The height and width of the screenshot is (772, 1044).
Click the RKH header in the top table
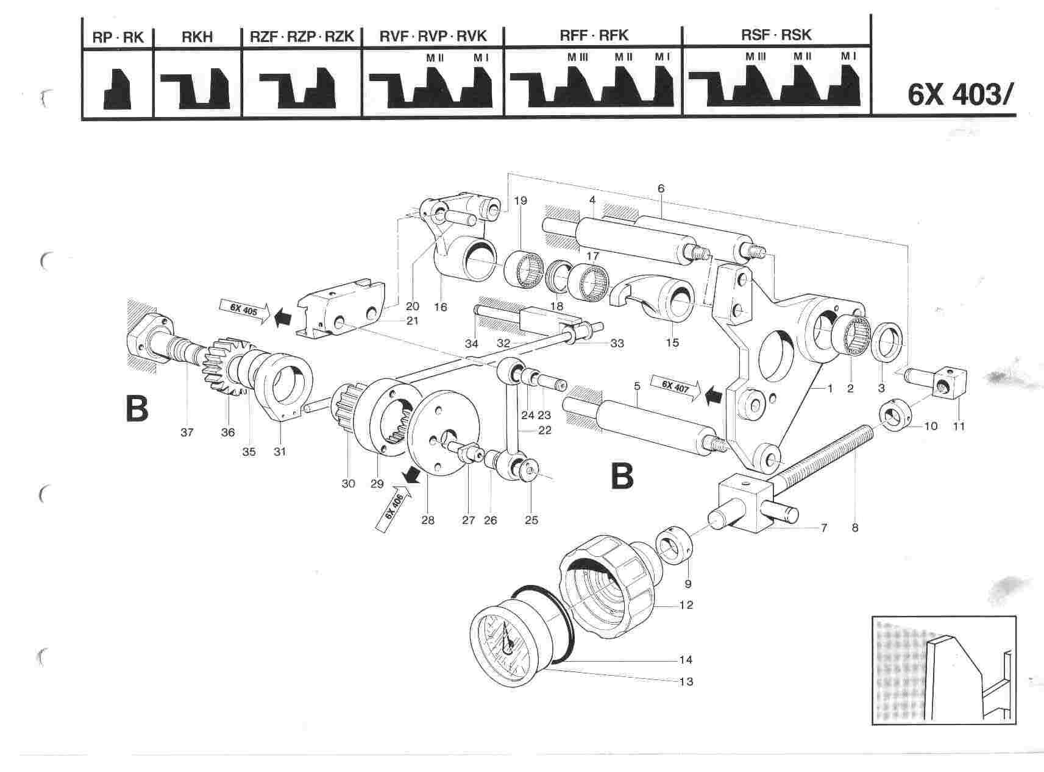[x=197, y=37]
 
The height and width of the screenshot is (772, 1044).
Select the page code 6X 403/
[x=961, y=96]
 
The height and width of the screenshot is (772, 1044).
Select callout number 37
[x=186, y=432]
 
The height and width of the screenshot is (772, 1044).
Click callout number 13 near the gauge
[x=686, y=681]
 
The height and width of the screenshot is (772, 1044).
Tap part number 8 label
[x=854, y=528]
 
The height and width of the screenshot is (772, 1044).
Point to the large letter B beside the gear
[x=137, y=409]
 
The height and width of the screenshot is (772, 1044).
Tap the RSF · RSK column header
[x=776, y=35]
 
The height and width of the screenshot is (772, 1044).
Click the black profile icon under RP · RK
[x=118, y=90]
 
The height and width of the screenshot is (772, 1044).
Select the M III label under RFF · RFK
[x=577, y=57]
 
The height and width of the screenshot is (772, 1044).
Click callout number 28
[x=427, y=520]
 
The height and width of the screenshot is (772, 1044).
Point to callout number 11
[x=959, y=427]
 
